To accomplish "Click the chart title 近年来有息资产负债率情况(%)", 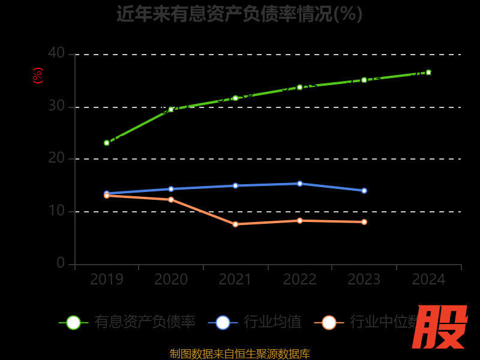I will coord(239,13).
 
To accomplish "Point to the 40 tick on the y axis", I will coord(56,53).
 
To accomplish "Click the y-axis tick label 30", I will coord(56,106).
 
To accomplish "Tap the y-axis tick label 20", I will coord(56,158).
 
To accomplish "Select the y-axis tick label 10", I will coord(56,211).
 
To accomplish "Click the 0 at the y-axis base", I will coord(61,263).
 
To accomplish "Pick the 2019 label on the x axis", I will coord(107,280).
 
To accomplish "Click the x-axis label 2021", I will coord(235,280).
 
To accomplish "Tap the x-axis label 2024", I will coord(428,280).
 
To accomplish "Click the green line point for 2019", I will coord(107,143).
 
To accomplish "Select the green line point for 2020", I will coord(171,109).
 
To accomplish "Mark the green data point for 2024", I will coord(428,72).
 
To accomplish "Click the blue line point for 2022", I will coord(300,184).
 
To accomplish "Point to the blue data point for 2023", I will coord(364,191).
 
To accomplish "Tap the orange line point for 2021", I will coord(235,224).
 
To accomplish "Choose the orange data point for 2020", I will coord(171,199).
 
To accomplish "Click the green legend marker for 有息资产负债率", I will coord(73,323).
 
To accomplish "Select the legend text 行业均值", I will coord(272,322).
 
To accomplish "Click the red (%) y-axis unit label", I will coord(37,76).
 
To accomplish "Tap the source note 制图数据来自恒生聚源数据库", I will coord(239,353).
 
